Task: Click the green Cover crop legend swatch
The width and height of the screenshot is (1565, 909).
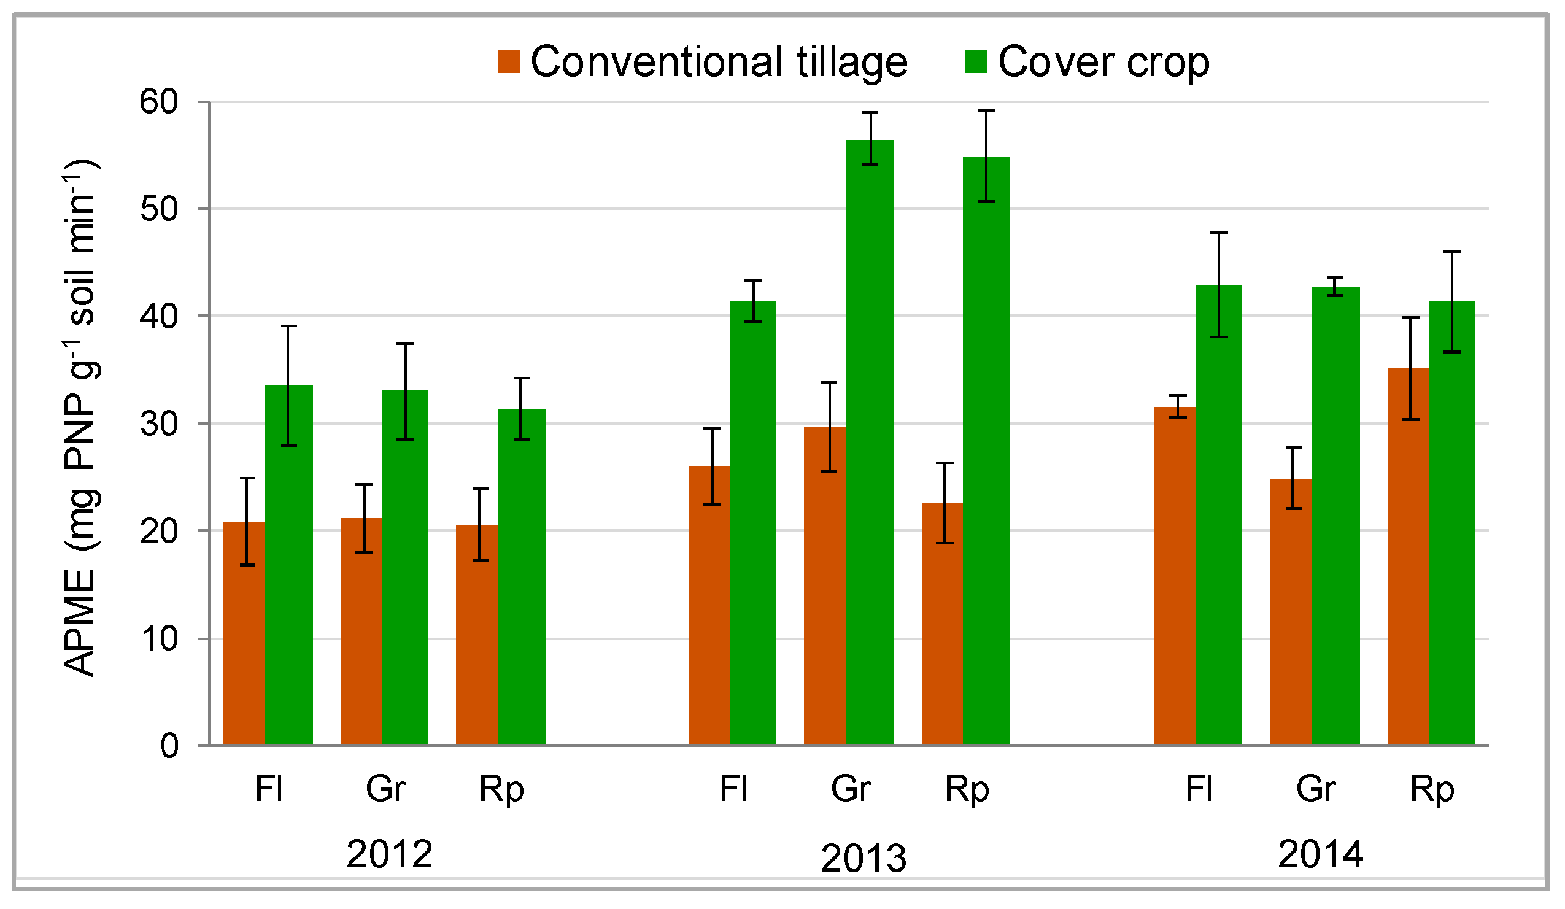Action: click(976, 62)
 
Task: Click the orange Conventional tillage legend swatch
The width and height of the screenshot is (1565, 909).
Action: click(508, 62)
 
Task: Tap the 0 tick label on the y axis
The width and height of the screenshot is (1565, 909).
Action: click(169, 746)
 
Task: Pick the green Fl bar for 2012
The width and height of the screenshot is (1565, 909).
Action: click(288, 565)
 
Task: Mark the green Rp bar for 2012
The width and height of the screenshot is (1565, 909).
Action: click(521, 577)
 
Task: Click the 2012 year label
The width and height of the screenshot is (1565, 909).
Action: click(388, 854)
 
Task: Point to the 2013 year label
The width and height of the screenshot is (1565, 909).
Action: click(864, 859)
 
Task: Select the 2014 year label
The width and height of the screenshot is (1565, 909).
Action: click(1320, 854)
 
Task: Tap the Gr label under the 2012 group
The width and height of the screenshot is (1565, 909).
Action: click(385, 789)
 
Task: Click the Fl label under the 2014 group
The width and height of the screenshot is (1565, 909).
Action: click(1199, 789)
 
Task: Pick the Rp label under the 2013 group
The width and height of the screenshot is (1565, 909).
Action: click(967, 789)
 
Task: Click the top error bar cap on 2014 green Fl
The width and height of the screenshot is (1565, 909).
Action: click(1218, 232)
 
